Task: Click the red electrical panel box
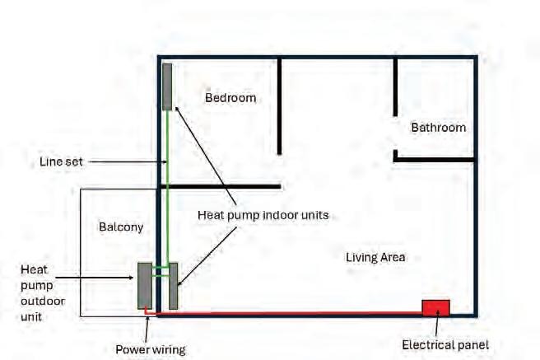pyautogui.click(x=435, y=307)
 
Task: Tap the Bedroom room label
pyautogui.click(x=230, y=97)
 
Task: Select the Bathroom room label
pyautogui.click(x=438, y=128)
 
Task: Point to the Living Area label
pyautogui.click(x=375, y=257)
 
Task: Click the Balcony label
pyautogui.click(x=121, y=227)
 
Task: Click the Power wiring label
pyautogui.click(x=150, y=348)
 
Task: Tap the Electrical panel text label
pyautogui.click(x=445, y=345)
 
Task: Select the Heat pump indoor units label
pyautogui.click(x=263, y=214)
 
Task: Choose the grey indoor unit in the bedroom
pyautogui.click(x=167, y=86)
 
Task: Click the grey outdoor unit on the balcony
pyautogui.click(x=144, y=286)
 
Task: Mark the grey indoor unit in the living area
pyautogui.click(x=174, y=286)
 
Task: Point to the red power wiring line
pyautogui.click(x=288, y=313)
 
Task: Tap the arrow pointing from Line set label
pyautogui.click(x=123, y=162)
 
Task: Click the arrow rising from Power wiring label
pyautogui.click(x=147, y=328)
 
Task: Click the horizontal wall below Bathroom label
pyautogui.click(x=435, y=159)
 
